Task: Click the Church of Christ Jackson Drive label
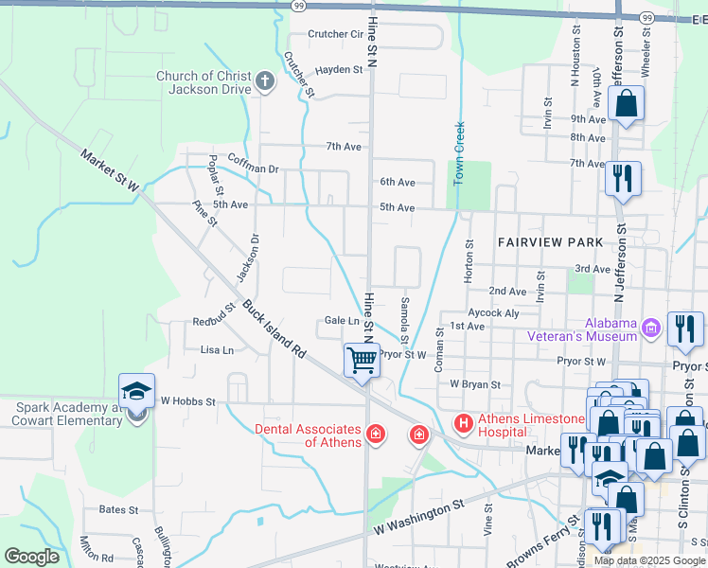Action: click(x=204, y=82)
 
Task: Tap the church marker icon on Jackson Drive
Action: click(x=264, y=83)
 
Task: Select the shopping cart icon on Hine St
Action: click(x=362, y=360)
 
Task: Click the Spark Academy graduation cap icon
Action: click(x=136, y=392)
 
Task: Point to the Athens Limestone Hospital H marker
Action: click(x=464, y=422)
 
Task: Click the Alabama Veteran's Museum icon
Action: click(x=650, y=328)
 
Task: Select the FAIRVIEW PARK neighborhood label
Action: click(x=551, y=242)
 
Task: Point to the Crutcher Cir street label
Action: click(x=336, y=34)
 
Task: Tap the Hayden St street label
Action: click(x=340, y=70)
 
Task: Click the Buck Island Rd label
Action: click(x=275, y=329)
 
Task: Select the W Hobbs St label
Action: click(x=187, y=401)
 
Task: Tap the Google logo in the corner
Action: click(x=31, y=557)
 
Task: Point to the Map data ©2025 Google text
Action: click(x=649, y=560)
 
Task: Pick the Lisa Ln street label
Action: click(x=217, y=350)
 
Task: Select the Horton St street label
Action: click(x=469, y=260)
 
